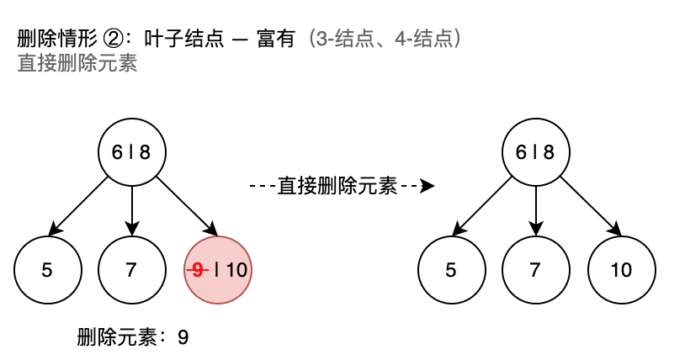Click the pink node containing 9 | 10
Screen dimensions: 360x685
tap(217, 270)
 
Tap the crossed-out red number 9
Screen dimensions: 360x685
tap(198, 270)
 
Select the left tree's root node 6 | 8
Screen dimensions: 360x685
tap(131, 152)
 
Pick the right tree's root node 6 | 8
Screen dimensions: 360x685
tap(535, 152)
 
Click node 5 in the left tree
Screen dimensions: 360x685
tap(47, 270)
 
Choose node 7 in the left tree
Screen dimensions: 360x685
tap(131, 270)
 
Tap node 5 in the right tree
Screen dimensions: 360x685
tap(451, 270)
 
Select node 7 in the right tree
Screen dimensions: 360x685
tap(535, 270)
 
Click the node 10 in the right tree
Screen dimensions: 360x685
tap(621, 270)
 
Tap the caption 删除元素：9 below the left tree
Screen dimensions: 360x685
tap(132, 338)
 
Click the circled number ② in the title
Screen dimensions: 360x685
tap(112, 39)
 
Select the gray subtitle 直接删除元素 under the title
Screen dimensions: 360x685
tap(77, 64)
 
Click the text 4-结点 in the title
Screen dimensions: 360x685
tap(424, 39)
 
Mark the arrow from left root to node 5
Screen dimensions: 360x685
tap(81, 203)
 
